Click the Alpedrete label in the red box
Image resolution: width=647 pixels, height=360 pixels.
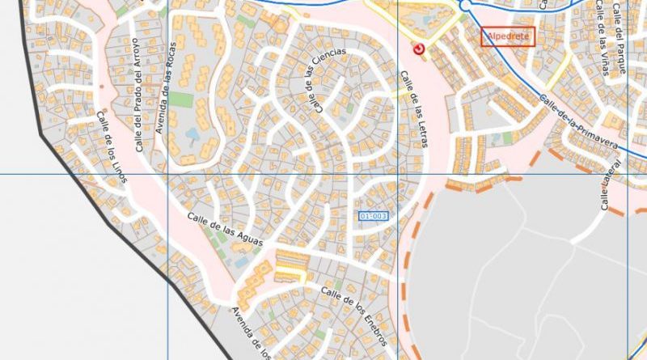(508, 36)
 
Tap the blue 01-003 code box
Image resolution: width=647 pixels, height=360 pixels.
(373, 216)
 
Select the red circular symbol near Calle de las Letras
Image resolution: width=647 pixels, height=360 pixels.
(418, 51)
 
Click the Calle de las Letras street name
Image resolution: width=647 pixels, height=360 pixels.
(413, 109)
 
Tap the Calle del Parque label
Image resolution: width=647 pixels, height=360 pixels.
(620, 38)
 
